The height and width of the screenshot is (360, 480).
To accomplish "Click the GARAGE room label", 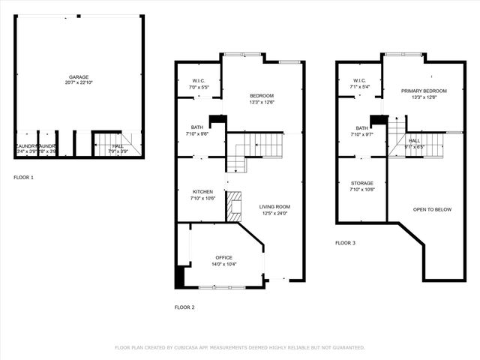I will point(79,76).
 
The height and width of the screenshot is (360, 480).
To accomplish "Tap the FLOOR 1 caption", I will point(23,178).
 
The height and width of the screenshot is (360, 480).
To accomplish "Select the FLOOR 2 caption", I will point(184,307).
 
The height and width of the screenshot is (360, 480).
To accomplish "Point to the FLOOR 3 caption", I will point(345,243).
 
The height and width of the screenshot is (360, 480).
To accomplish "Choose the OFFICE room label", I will point(224,257).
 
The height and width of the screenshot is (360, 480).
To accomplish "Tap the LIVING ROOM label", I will point(274,206).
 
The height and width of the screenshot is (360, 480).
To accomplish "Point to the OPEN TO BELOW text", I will point(432,209).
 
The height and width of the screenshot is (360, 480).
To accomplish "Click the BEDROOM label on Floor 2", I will point(262,95).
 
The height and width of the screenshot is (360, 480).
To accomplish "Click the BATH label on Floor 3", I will point(362,128).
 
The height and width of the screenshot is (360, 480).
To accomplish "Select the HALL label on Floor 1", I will point(118,146).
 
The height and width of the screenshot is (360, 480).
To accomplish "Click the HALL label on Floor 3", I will point(415,140).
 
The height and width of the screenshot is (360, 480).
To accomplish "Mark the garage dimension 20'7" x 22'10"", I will point(79,82).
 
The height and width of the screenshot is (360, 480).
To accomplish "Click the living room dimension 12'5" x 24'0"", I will point(274,213).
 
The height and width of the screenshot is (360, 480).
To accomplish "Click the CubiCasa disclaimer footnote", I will point(239,348).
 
